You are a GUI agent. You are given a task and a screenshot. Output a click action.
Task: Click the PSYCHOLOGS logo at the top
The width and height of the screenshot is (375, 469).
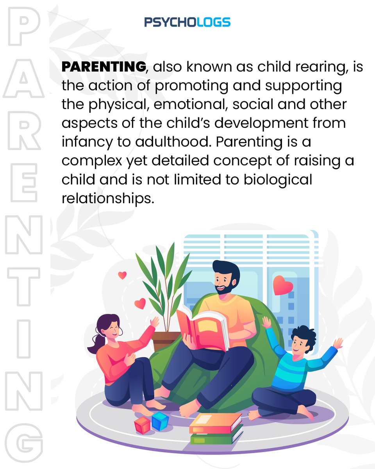[x=187, y=22]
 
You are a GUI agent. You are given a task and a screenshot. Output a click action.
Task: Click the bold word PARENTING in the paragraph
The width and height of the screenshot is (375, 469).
[x=104, y=67]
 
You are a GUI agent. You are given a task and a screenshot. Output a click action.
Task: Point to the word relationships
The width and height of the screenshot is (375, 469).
[x=106, y=198]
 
